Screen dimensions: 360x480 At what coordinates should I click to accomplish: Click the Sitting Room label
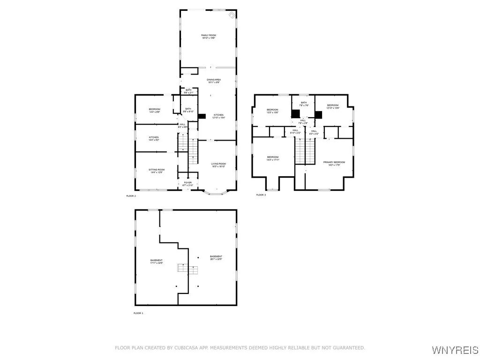coord(157,171)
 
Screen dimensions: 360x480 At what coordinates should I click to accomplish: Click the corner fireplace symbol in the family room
coord(232,15)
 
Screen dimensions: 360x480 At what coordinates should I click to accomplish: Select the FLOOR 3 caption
coord(261,195)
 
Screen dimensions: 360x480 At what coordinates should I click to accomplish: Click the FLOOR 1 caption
coord(138,313)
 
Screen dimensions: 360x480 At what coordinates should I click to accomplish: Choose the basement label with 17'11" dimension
coord(157,262)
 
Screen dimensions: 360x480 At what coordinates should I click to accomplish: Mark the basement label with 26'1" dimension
coord(216,257)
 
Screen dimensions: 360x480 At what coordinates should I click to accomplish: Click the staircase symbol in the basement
coord(187,269)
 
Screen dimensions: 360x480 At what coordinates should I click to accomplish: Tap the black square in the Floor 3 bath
coord(296,114)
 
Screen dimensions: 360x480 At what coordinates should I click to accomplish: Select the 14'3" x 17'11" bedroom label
coord(273,158)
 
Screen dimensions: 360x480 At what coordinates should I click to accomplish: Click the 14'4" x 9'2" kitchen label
coord(154,139)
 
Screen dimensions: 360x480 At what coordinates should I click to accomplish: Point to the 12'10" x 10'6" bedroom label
coord(332,106)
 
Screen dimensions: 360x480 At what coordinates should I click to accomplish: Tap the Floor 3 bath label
coord(304,104)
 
